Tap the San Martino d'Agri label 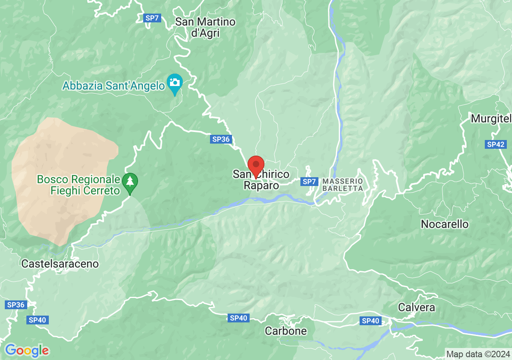(205, 27)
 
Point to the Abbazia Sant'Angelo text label (114, 85)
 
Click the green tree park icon (130, 182)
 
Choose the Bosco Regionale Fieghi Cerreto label (79, 185)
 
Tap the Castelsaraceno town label (60, 264)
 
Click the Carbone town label (286, 331)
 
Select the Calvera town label (416, 308)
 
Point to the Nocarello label (444, 224)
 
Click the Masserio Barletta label (343, 185)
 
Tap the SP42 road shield (496, 144)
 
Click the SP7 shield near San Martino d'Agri (152, 18)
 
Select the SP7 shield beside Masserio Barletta (309, 182)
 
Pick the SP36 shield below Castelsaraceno (16, 305)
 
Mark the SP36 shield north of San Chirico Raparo (221, 139)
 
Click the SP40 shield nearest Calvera (370, 320)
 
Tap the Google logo (27, 351)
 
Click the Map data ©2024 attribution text (478, 354)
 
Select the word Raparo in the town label (261, 186)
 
